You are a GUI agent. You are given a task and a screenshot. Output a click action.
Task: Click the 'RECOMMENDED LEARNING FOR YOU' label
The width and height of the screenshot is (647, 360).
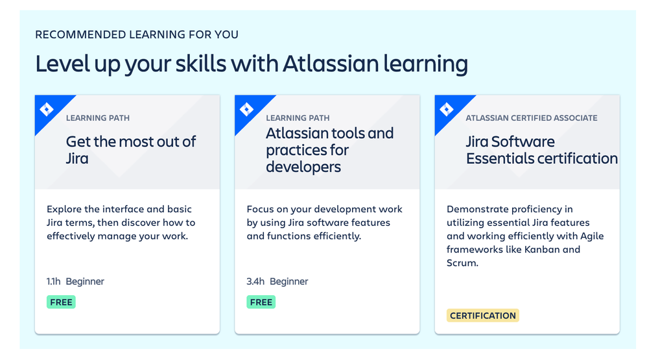(137, 34)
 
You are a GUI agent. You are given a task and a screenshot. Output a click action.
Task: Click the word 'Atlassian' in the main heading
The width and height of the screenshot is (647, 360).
(331, 64)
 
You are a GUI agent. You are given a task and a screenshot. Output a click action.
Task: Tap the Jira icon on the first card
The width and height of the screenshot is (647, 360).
(47, 110)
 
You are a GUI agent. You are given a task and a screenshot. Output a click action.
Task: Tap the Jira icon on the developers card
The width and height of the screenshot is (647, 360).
(247, 110)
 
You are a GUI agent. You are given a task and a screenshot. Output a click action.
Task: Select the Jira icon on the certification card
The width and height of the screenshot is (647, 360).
(447, 110)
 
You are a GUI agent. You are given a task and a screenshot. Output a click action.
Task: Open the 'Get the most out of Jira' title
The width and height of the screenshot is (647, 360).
(131, 150)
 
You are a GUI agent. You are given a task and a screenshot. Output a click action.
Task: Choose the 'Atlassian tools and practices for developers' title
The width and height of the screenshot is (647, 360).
(330, 150)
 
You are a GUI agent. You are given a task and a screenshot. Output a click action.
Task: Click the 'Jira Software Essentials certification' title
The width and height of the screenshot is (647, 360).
(542, 150)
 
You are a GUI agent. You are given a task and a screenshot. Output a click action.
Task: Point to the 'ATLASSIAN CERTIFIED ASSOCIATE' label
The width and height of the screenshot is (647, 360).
(532, 118)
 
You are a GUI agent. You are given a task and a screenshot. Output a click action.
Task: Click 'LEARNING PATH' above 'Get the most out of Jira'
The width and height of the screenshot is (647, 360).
(98, 118)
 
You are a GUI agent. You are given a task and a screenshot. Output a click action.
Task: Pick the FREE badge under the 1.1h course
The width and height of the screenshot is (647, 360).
(61, 302)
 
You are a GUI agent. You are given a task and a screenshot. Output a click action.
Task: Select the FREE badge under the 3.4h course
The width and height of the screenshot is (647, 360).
(261, 302)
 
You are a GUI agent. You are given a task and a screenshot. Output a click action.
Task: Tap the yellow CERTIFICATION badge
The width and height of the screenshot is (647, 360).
(483, 315)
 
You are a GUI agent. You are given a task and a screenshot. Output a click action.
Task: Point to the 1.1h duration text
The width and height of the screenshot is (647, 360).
(54, 282)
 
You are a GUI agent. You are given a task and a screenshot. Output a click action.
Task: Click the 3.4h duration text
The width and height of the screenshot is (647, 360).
(255, 282)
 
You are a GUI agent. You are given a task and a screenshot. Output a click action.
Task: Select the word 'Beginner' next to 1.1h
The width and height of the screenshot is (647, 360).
(85, 282)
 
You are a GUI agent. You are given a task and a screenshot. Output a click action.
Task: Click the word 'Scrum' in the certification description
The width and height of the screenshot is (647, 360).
(462, 263)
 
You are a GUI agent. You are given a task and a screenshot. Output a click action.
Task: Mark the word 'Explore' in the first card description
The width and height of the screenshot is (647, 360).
(64, 210)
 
